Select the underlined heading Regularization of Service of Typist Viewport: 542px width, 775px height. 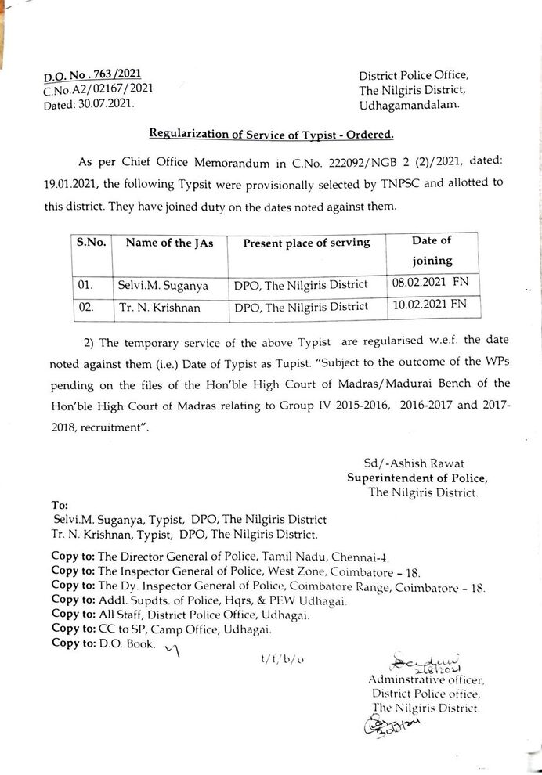270,135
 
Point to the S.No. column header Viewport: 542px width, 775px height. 91,243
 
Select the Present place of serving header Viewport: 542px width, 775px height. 306,243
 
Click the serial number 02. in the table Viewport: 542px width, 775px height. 85,307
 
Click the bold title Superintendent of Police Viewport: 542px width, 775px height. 417,478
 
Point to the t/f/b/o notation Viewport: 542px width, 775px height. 283,660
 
